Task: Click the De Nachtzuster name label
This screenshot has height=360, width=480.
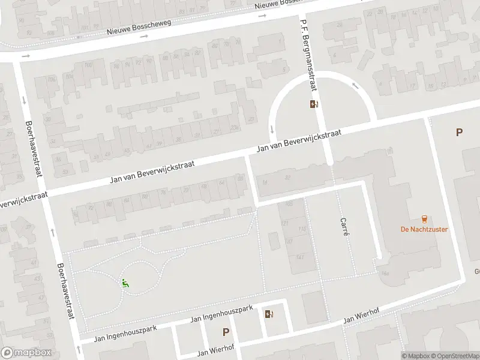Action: coord(424,229)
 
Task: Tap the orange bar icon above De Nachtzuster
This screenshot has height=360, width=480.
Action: coord(425,218)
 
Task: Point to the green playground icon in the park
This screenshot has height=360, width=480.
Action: coord(125,283)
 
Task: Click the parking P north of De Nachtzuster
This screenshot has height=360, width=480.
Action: coord(459,133)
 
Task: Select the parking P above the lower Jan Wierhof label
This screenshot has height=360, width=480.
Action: coord(226,331)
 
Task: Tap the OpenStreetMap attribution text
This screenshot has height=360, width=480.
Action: coord(454,356)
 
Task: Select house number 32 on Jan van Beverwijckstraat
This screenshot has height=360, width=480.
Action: coord(287,177)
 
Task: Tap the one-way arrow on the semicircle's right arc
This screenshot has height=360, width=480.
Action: coord(356,85)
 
